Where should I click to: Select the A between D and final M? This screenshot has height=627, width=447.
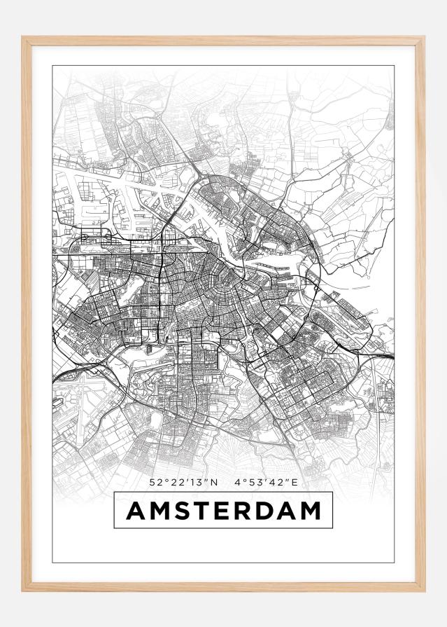pos(289,511)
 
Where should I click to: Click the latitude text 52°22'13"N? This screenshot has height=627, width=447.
pos(184,482)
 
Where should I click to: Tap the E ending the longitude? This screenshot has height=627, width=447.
pos(295,482)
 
